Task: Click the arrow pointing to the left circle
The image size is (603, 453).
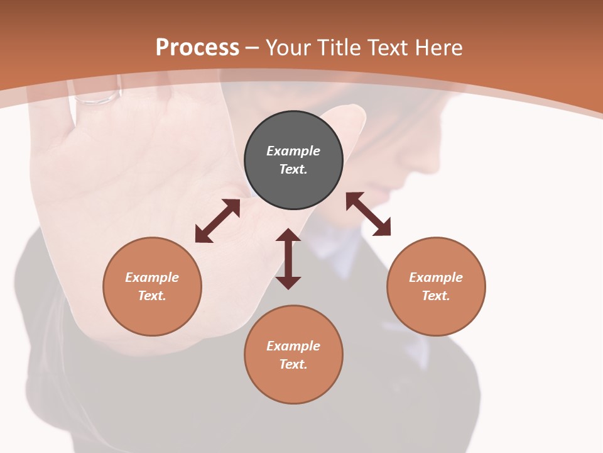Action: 217,221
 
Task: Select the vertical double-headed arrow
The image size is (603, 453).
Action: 288,259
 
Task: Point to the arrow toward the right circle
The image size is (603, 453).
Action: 369,214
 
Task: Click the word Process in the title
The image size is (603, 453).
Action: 197,47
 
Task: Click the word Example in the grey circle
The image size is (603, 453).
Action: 293,151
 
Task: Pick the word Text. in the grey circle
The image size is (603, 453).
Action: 293,169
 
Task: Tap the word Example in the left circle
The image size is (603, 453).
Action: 152,277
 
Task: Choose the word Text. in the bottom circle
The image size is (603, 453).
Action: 293,364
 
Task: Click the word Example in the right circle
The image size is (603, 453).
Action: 436,277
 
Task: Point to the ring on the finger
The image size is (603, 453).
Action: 97,98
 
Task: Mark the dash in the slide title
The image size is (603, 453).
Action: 253,48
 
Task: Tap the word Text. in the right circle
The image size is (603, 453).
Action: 436,296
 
